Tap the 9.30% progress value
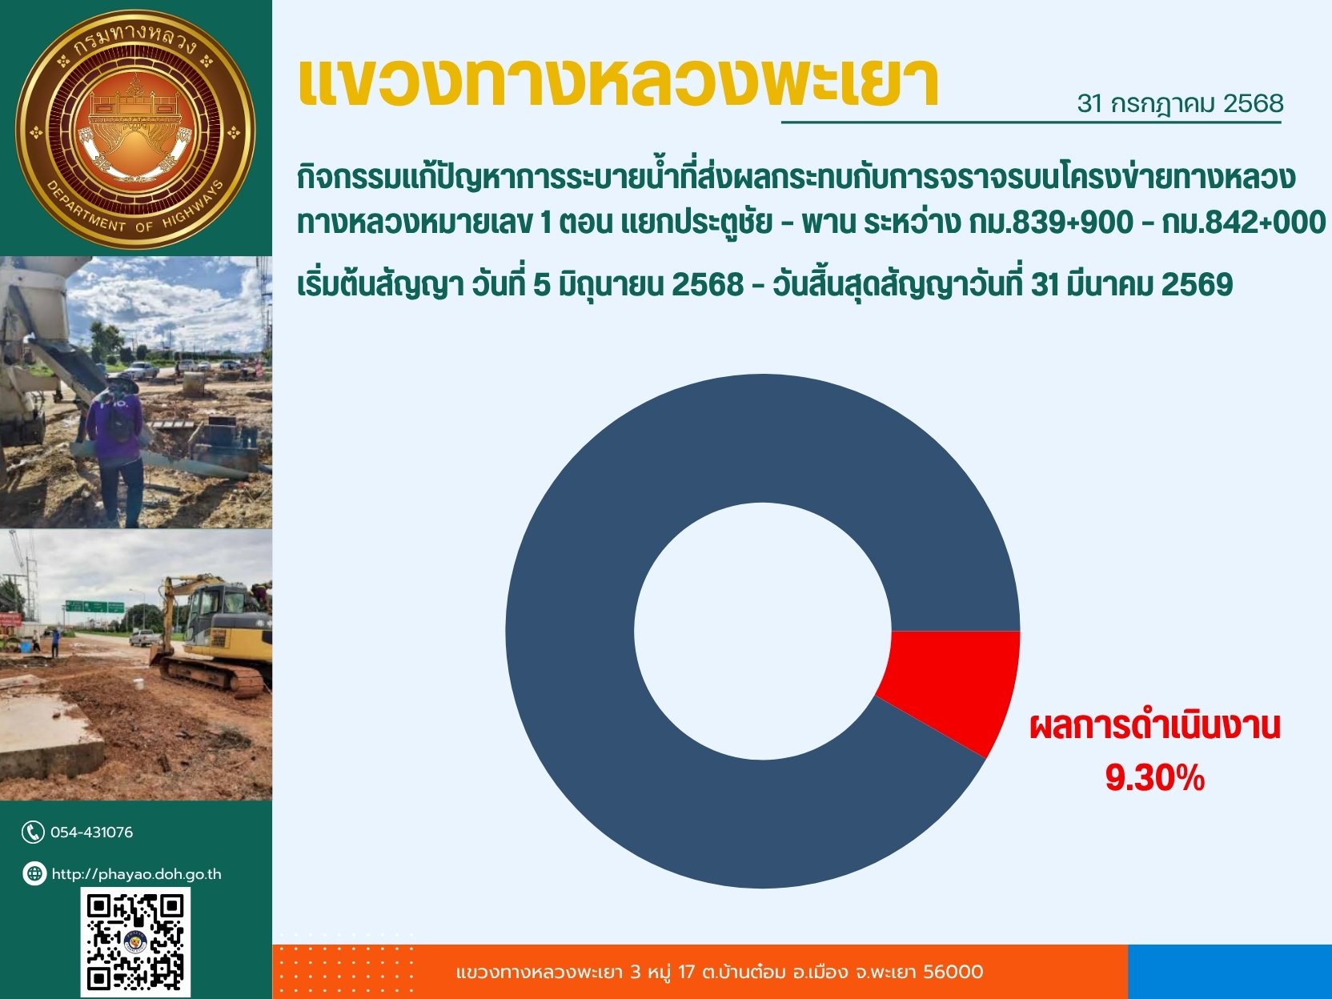1155,778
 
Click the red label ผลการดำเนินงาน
1155,727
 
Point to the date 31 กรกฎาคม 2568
1180,104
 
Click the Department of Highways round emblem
136,129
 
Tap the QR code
135,942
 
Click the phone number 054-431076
91,832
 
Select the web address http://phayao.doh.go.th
137,874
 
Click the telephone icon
33,832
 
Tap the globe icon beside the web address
34,873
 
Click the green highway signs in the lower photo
94,606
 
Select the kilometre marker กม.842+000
1244,222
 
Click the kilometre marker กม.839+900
1051,222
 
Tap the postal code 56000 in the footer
953,972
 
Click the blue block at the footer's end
1230,972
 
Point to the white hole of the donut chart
763,631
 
